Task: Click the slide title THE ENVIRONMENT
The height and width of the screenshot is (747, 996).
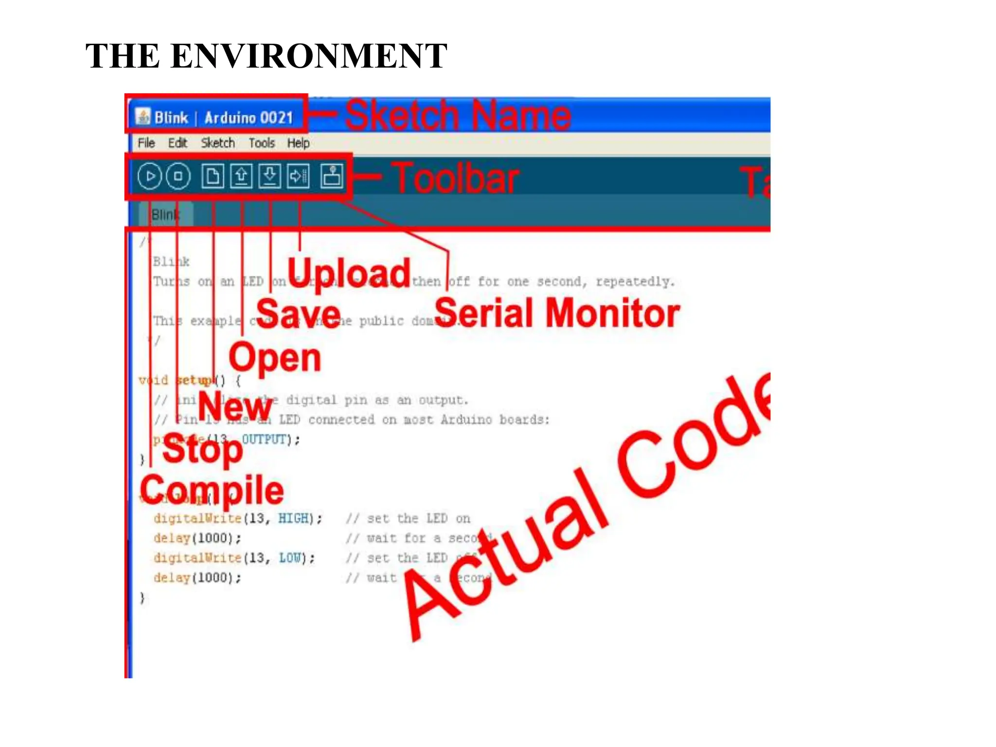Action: pos(266,55)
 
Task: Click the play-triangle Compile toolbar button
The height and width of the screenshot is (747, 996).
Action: pos(149,176)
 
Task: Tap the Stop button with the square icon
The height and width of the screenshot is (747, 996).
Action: pos(178,176)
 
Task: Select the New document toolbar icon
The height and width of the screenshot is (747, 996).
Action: pos(213,176)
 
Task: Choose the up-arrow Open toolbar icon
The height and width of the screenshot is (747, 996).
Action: pos(241,176)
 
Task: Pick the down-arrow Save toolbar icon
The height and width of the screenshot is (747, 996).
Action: pos(269,176)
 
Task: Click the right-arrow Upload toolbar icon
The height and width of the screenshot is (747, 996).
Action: pos(298,176)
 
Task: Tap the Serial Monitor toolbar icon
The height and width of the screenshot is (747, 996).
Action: pos(332,176)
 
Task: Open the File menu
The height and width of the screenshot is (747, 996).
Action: pos(146,143)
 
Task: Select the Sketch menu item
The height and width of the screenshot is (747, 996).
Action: pos(217,143)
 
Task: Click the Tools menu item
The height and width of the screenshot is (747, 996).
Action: pos(262,143)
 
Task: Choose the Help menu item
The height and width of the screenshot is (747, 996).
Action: pos(298,143)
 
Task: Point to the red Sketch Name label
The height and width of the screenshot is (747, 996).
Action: pos(458,115)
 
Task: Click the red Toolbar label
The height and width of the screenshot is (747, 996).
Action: pos(456,178)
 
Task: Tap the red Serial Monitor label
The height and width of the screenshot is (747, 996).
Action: pos(557,313)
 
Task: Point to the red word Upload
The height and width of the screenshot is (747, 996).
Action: pos(349,273)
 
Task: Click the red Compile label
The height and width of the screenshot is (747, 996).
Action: pos(212,490)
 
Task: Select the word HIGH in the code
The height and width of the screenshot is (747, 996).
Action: pos(293,518)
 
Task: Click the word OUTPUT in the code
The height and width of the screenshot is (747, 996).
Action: pos(264,440)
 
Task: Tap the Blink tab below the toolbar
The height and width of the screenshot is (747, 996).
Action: pos(166,214)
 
